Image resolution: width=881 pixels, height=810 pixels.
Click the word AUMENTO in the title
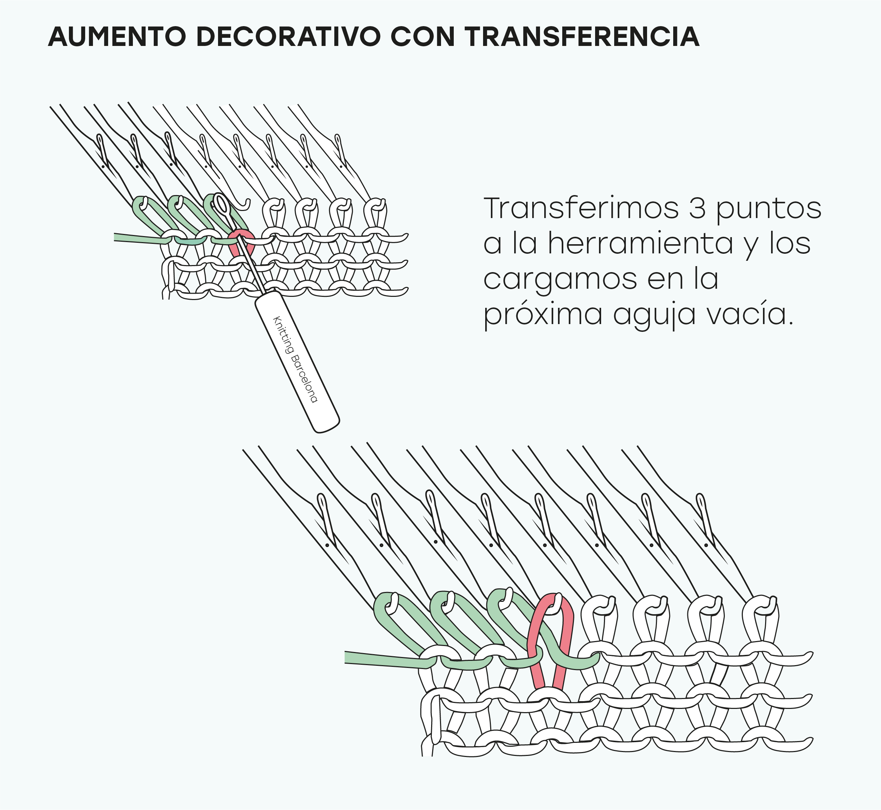click(117, 37)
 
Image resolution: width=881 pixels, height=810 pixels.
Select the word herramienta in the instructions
click(640, 244)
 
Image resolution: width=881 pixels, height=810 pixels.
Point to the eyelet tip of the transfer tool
click(221, 204)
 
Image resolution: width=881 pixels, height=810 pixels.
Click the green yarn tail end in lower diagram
click(351, 657)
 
